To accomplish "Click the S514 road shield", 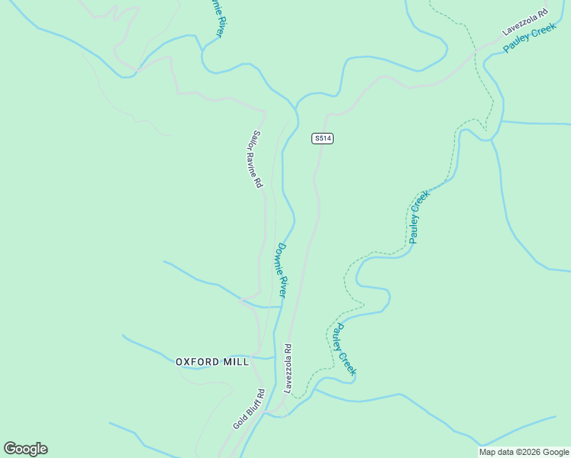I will [323, 138].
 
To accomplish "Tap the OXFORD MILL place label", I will [212, 362].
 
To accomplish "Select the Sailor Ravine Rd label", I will [255, 160].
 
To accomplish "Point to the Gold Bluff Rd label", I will [249, 409].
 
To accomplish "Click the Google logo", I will [25, 449].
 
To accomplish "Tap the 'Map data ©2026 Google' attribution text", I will [524, 452].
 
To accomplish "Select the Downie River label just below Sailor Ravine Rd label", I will [282, 270].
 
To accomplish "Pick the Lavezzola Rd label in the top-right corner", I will [525, 22].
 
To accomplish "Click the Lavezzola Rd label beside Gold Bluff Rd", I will [288, 368].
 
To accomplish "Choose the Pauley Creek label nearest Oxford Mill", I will [345, 350].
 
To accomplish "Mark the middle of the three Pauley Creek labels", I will [420, 216].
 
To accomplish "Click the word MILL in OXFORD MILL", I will [235, 362].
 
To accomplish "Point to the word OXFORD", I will [197, 362].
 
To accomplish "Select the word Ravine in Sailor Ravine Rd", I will [253, 161].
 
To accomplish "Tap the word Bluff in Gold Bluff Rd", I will [250, 408].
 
